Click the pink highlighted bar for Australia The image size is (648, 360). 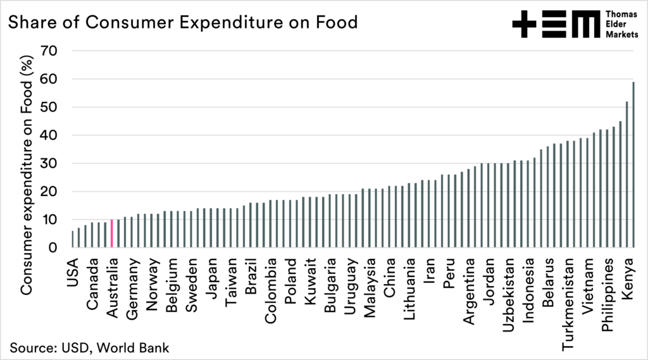click(x=111, y=233)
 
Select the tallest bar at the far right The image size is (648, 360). click(x=633, y=164)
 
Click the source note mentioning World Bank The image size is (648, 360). click(x=89, y=347)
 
